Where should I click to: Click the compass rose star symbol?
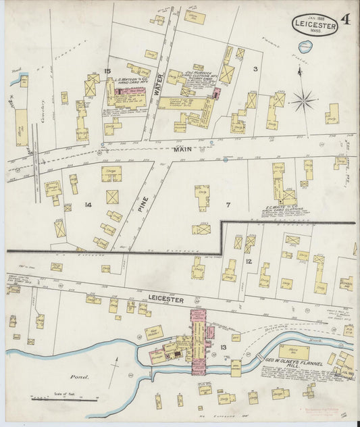point(305,101)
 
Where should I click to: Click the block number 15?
point(107,71)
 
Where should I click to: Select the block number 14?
point(88,203)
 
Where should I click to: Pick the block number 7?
point(228,203)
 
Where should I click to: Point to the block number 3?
point(255,69)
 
